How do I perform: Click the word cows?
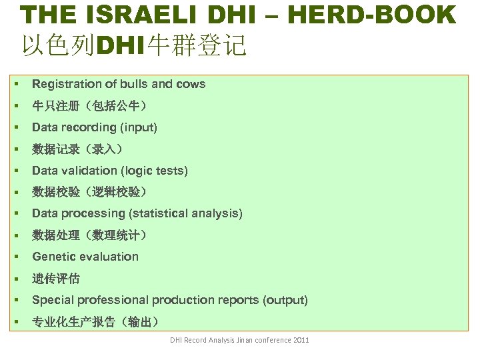tap(191, 84)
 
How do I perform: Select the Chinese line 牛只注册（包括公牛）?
tap(89, 105)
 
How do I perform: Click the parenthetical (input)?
tap(138, 127)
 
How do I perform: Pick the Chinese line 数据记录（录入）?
tap(77, 149)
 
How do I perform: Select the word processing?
tap(93, 213)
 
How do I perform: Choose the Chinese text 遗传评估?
tap(56, 278)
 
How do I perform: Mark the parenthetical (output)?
tap(286, 300)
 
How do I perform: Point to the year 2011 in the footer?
tap(301, 341)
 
